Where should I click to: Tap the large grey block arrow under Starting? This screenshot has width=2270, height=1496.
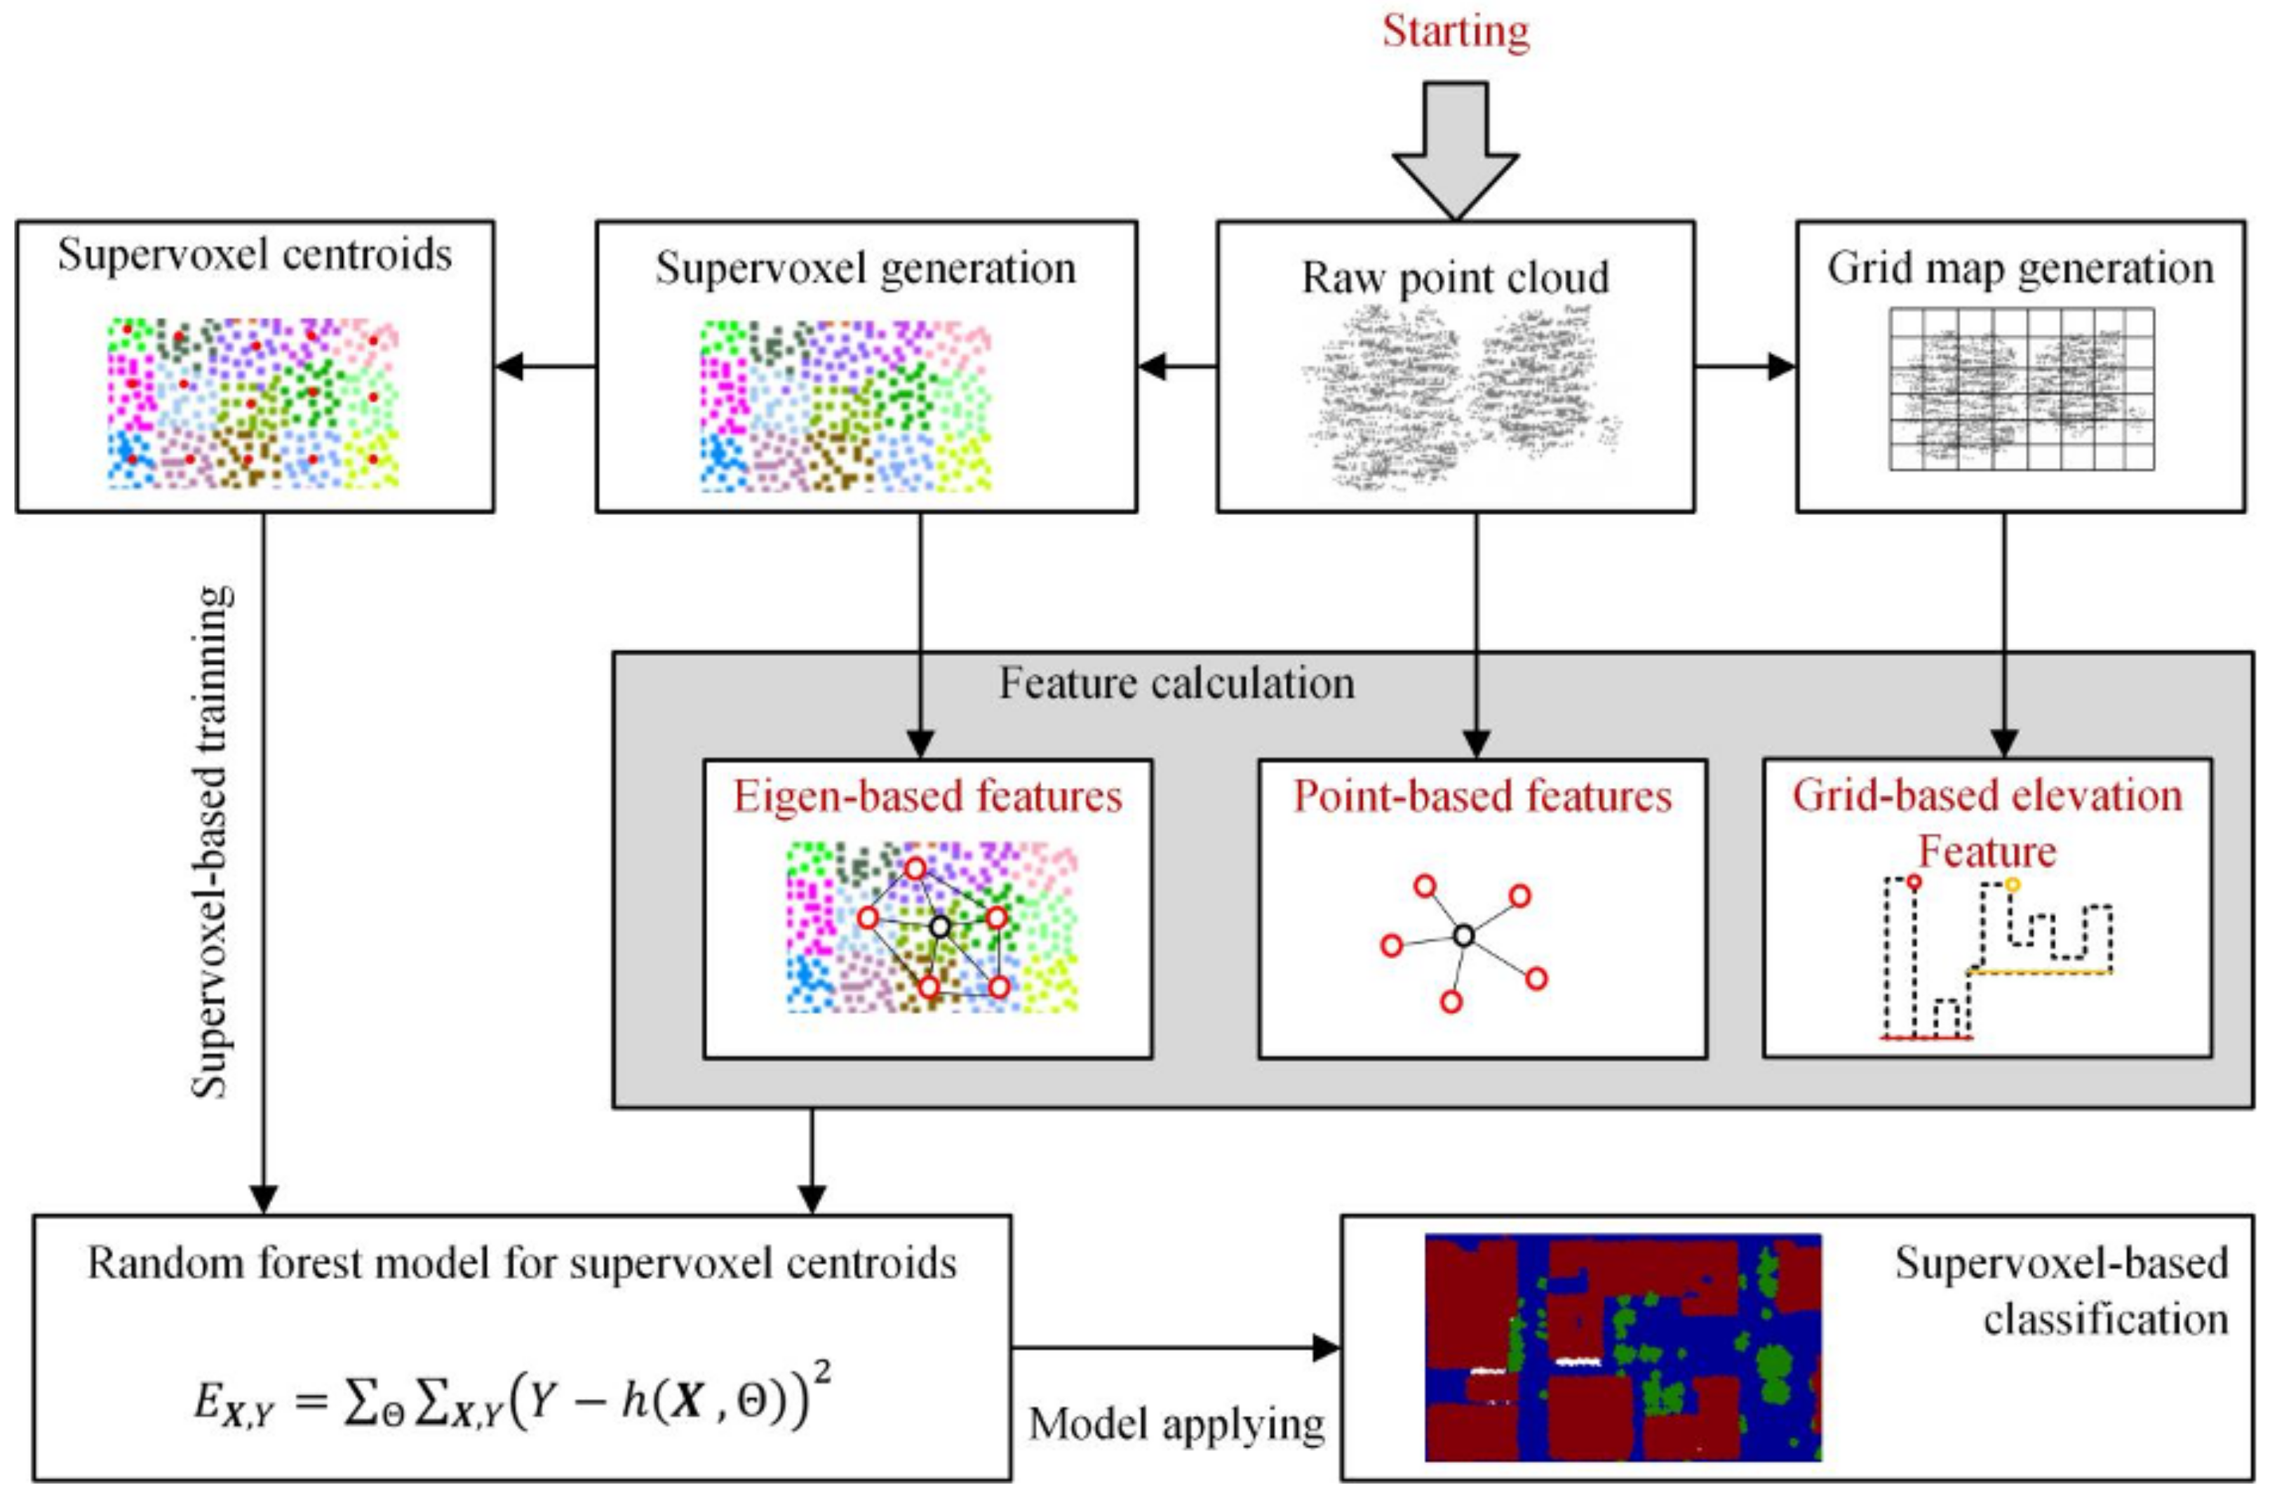1456,151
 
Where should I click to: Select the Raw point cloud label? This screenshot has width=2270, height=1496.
1456,278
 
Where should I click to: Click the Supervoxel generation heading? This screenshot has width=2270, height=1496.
865,269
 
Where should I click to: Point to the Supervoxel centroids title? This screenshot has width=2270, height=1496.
255,255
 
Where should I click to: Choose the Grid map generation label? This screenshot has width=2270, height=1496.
2020,269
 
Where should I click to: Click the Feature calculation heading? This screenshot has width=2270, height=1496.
1176,683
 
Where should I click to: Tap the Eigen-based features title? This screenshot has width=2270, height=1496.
927,796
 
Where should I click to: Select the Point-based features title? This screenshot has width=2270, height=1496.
1482,796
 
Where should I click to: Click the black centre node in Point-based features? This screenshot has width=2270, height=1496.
1464,936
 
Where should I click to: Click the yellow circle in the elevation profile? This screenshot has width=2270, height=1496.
2013,884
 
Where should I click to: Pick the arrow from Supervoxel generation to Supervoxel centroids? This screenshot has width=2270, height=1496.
546,366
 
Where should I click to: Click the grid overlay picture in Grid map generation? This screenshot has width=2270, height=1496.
2020,388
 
